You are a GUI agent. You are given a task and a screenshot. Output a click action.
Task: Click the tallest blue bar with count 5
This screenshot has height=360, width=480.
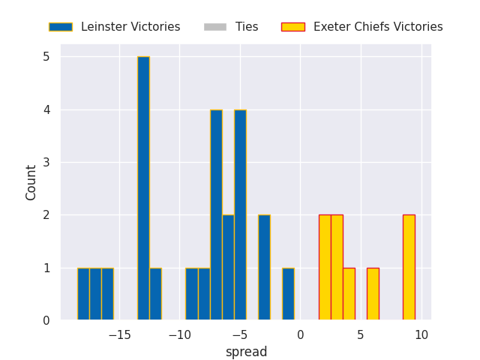(x=143, y=188)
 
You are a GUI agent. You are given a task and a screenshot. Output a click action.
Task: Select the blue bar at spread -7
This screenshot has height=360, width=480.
(x=216, y=215)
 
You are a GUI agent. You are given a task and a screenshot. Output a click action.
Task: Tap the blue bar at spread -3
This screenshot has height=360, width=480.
(x=264, y=268)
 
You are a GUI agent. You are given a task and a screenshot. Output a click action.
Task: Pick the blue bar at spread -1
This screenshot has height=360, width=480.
(x=288, y=294)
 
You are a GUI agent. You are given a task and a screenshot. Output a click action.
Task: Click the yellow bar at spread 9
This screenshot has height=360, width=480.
(x=409, y=268)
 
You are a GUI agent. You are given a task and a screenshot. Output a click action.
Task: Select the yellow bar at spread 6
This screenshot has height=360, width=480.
(x=373, y=294)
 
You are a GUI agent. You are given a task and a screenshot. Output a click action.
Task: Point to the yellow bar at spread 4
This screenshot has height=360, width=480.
(x=349, y=294)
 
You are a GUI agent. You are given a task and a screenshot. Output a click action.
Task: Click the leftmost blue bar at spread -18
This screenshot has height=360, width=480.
(x=83, y=294)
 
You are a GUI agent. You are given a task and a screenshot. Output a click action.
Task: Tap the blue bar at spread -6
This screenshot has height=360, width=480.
(x=228, y=268)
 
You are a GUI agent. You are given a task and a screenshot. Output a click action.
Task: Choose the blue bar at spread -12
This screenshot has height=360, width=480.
(x=155, y=294)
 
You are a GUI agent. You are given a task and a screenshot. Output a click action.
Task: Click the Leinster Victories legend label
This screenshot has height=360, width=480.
(x=130, y=27)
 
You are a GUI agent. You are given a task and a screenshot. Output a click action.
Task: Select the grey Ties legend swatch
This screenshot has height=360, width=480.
(x=215, y=27)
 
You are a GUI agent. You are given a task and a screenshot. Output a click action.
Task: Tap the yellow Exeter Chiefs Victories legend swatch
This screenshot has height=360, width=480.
(x=293, y=27)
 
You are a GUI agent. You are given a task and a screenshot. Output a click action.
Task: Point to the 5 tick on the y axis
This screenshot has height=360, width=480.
(x=46, y=57)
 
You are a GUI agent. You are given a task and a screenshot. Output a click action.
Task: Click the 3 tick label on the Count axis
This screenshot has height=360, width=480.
(x=46, y=162)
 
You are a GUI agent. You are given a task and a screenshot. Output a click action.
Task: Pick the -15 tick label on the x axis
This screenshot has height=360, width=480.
(x=120, y=334)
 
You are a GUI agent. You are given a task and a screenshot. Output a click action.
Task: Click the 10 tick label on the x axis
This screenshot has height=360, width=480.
(x=421, y=334)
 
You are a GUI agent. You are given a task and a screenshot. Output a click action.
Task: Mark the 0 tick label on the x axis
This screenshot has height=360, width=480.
(x=300, y=334)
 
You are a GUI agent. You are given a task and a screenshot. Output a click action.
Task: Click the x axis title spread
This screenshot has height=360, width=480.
(x=247, y=352)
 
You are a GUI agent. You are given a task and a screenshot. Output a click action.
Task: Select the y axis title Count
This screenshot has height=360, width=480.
(x=31, y=183)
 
